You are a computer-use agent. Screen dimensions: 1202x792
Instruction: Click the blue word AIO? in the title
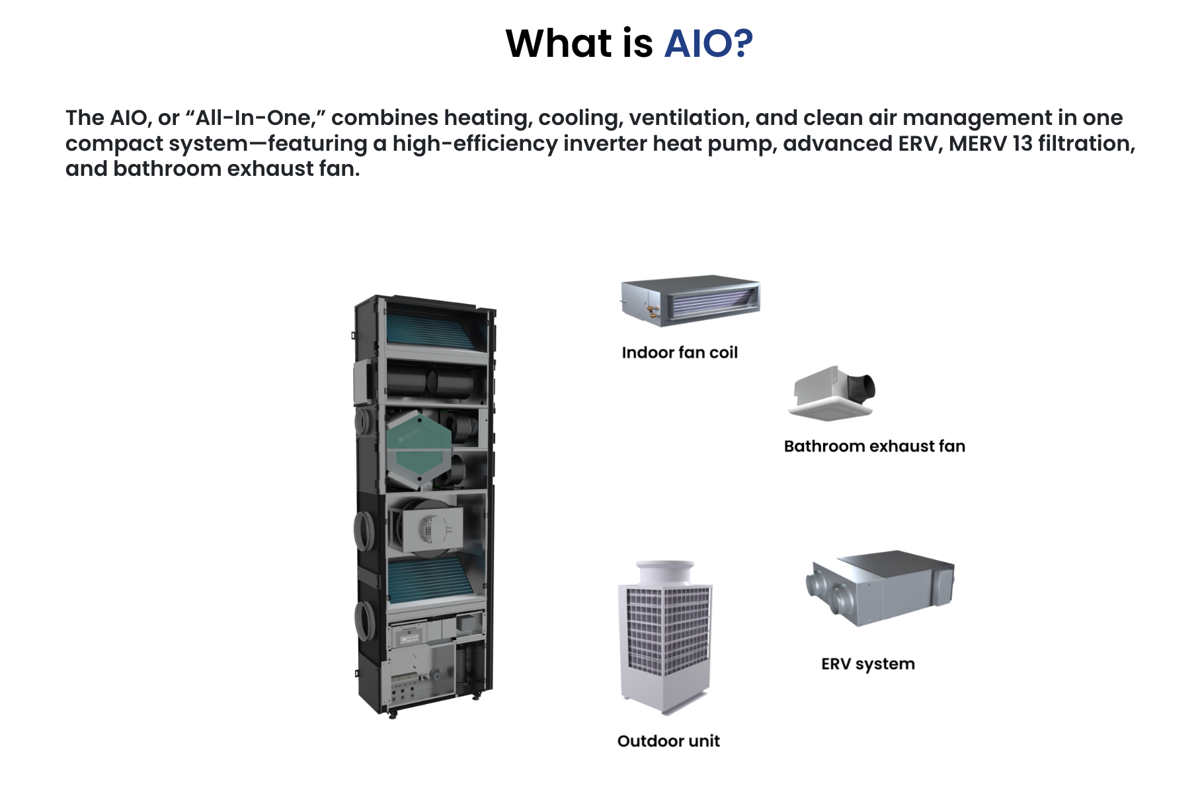pos(708,44)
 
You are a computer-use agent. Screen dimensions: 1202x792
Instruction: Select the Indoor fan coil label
pos(679,352)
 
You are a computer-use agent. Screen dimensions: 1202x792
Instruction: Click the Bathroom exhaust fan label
pos(874,446)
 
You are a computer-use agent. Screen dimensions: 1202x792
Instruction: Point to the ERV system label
pos(867,664)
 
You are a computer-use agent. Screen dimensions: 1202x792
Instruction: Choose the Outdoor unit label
pos(668,741)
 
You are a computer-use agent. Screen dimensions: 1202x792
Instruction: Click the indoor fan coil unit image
pos(690,300)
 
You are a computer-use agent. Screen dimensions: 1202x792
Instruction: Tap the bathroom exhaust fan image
pos(832,394)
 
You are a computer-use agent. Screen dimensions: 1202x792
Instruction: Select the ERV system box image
pos(881,587)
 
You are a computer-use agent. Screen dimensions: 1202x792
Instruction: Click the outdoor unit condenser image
pos(665,638)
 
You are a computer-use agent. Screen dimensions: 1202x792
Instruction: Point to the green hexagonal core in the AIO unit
pos(418,450)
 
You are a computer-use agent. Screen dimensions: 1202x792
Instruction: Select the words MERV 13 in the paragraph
pos(990,143)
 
